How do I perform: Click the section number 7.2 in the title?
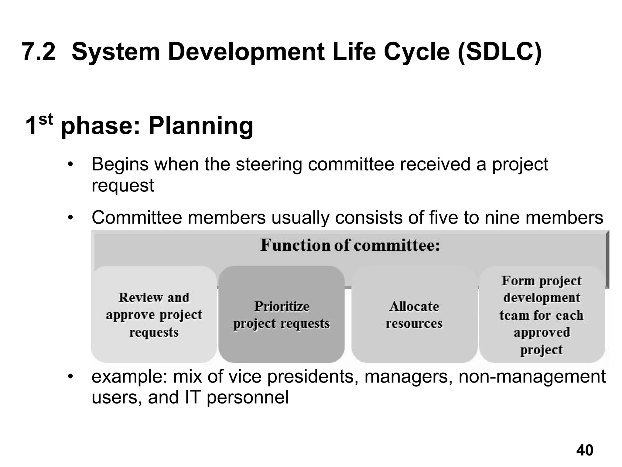point(39,52)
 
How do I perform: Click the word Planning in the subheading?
point(201,125)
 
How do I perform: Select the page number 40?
point(585,450)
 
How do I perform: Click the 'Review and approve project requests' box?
point(154,314)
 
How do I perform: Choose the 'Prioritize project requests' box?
point(282,314)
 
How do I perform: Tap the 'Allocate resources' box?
point(414,314)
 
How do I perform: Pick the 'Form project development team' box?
point(542,314)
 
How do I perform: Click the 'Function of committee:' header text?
point(350,245)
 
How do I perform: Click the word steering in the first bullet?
point(269,164)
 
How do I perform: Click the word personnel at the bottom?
point(248,398)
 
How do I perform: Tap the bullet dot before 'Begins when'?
point(70,165)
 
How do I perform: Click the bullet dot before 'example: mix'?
point(70,377)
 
